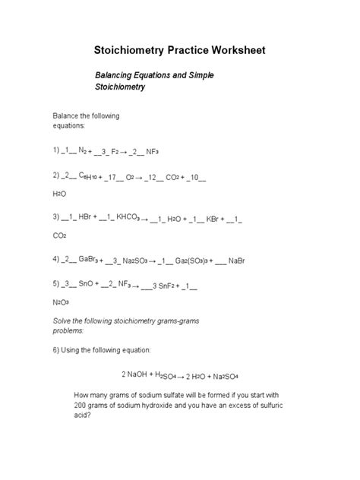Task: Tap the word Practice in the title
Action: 172,51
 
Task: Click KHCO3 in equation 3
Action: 127,217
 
